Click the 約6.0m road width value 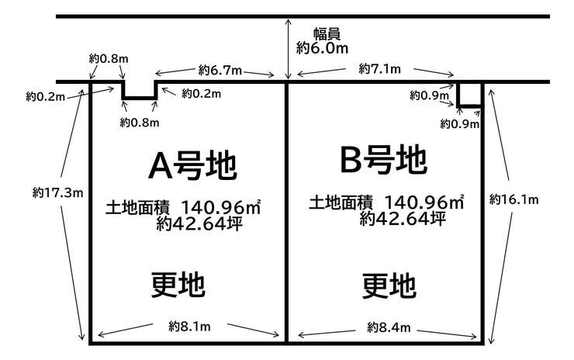(x=322, y=48)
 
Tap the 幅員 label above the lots (x=327, y=33)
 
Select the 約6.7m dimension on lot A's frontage (x=220, y=70)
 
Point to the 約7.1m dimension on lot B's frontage (x=379, y=68)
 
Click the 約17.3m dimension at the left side (x=58, y=192)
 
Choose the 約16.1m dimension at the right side (x=514, y=199)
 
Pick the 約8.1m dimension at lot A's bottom (x=189, y=327)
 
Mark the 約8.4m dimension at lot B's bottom (x=389, y=327)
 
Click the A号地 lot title (x=192, y=166)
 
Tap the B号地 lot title (x=383, y=159)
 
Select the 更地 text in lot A (x=178, y=284)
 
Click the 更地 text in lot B (x=389, y=286)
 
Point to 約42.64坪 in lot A (x=199, y=223)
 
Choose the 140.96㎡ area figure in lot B (x=424, y=202)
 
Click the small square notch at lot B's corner (x=469, y=95)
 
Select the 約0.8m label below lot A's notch (x=140, y=123)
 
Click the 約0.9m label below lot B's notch (x=460, y=124)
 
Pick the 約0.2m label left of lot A (x=46, y=97)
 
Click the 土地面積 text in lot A (x=137, y=208)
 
